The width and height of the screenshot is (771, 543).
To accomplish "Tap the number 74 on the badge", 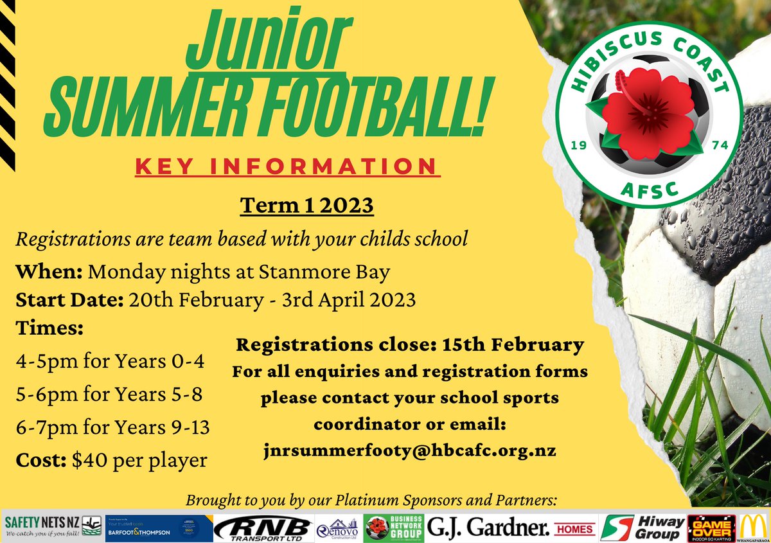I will click(719, 147).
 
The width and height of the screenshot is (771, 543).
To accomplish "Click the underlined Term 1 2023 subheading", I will click(306, 207).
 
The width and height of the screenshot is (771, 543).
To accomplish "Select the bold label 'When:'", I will click(49, 272).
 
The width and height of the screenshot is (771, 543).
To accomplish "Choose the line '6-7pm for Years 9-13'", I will click(112, 427).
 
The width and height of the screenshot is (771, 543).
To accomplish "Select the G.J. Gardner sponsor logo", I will click(488, 527).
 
